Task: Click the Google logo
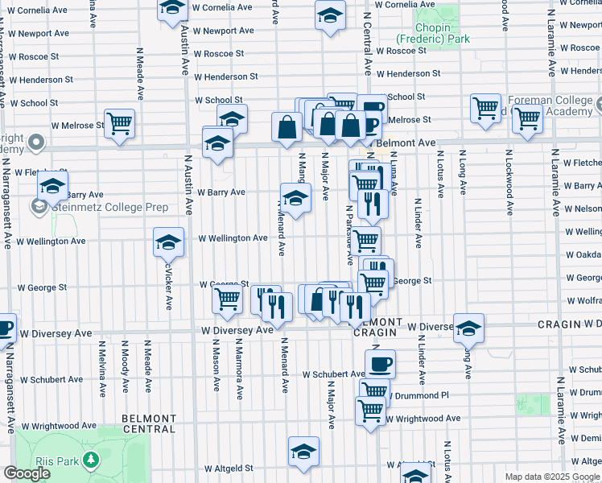[26, 473]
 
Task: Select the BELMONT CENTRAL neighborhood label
[149, 423]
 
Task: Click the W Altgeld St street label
[229, 468]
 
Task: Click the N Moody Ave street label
[125, 371]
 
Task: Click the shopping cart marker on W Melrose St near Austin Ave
[120, 124]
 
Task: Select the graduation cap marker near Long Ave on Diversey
[468, 328]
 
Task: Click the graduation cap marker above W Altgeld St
[303, 452]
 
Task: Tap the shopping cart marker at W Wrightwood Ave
[370, 411]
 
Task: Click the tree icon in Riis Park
[91, 459]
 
